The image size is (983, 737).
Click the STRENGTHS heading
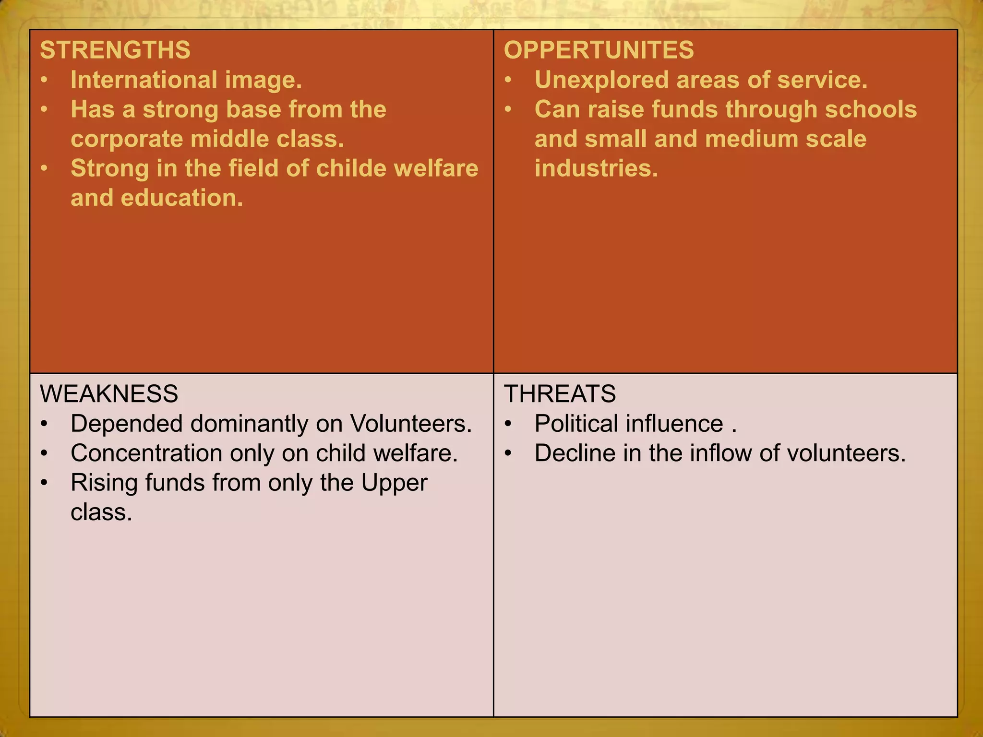115,50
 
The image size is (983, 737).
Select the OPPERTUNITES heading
599,50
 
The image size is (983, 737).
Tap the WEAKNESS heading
109,394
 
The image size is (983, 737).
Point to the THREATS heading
560,394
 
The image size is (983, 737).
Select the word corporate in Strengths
126,139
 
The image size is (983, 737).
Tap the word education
181,198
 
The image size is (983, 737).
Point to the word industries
596,168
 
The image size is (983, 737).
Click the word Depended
126,424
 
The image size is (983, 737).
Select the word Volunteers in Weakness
410,424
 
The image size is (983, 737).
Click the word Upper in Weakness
394,483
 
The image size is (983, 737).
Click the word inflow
720,453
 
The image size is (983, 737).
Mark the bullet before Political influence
508,424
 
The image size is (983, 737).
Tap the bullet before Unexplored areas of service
508,80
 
